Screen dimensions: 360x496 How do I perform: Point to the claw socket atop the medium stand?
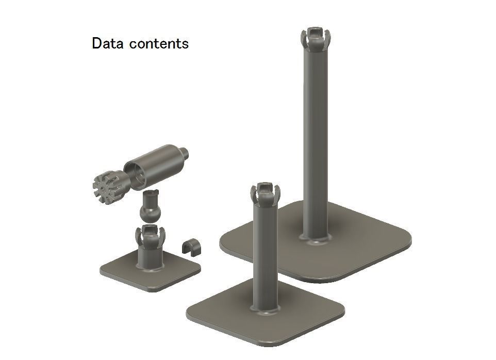point(264,193)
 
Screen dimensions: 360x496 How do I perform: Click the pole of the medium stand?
point(264,253)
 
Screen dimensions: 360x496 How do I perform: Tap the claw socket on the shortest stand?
point(150,234)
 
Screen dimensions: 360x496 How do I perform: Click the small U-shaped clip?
point(192,246)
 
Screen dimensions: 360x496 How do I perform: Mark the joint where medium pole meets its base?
point(264,308)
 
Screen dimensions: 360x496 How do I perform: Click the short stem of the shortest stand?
point(150,255)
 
